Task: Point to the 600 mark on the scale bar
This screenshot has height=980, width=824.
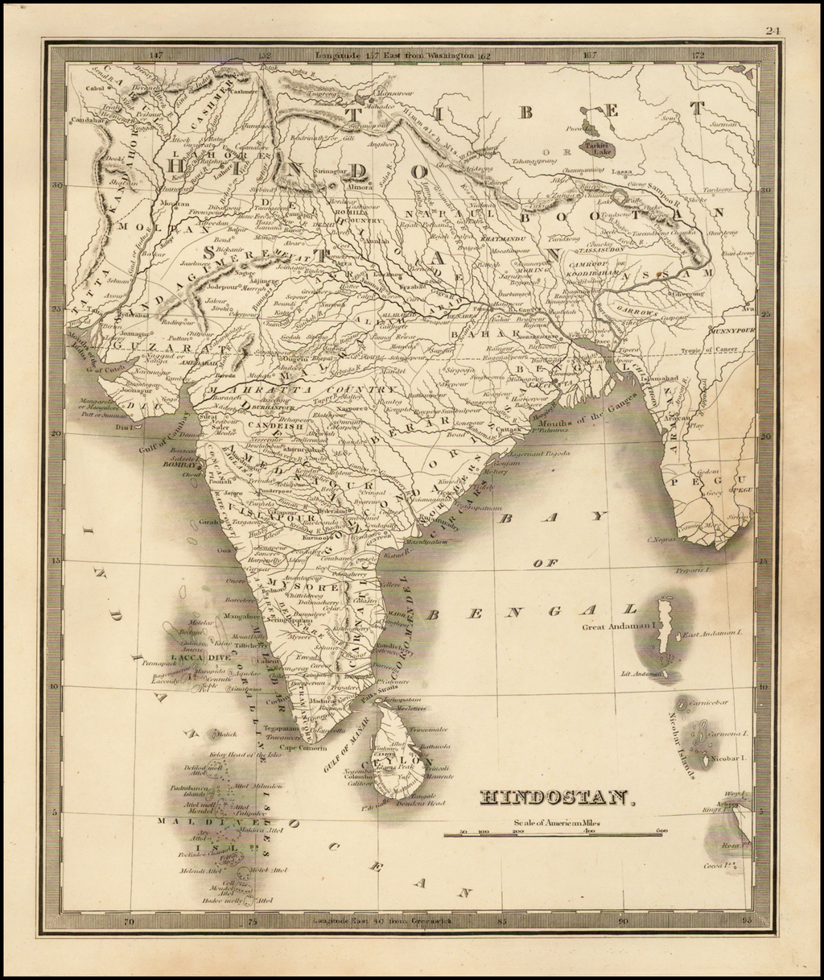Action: pos(661,830)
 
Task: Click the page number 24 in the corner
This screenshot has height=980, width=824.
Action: pos(773,31)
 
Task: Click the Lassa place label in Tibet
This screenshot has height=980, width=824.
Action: pos(621,172)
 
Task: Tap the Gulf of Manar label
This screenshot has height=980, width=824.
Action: pos(341,745)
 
